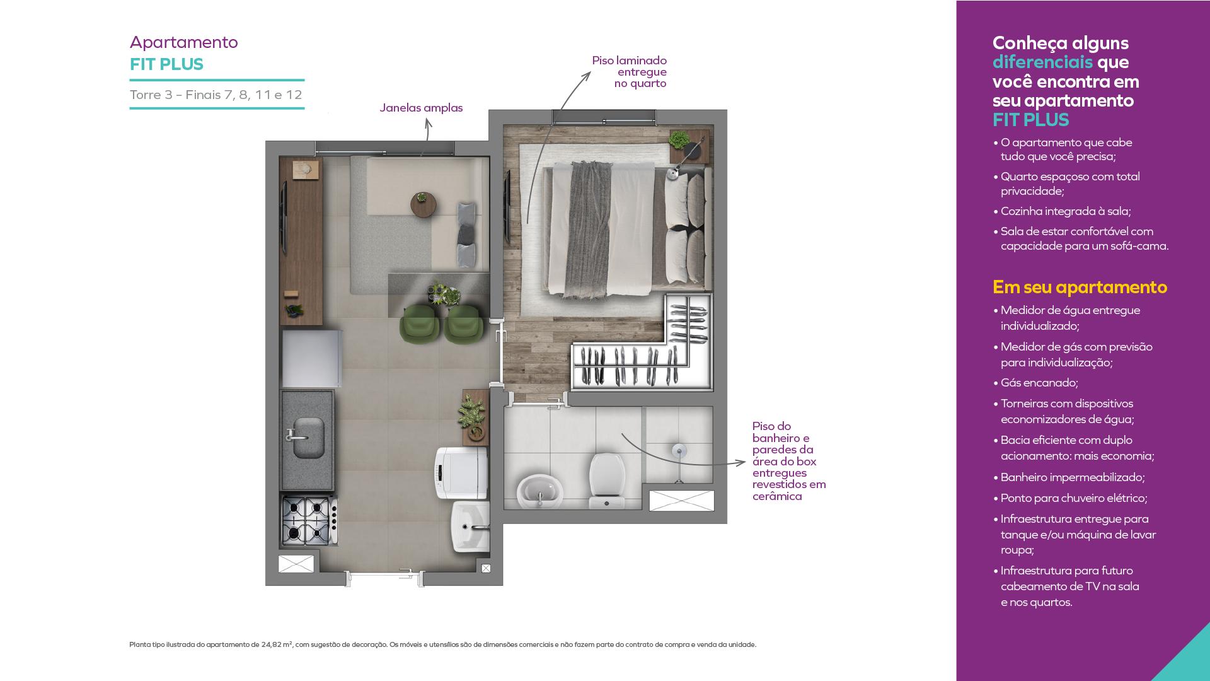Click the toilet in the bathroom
[x=606, y=480]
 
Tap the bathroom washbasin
[x=539, y=491]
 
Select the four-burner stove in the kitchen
[x=309, y=521]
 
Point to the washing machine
[x=461, y=473]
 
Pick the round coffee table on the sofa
[x=423, y=204]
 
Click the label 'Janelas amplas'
[x=421, y=108]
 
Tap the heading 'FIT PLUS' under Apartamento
[x=166, y=64]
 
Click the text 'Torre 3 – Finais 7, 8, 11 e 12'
[x=216, y=95]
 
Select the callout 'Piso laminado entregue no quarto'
[x=630, y=72]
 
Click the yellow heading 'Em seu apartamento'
[x=1080, y=287]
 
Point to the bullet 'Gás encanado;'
[x=1035, y=383]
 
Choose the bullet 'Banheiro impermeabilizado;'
[x=1069, y=477]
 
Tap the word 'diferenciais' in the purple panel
[x=1042, y=62]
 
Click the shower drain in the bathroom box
[x=678, y=450]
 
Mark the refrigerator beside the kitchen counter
[x=311, y=358]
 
